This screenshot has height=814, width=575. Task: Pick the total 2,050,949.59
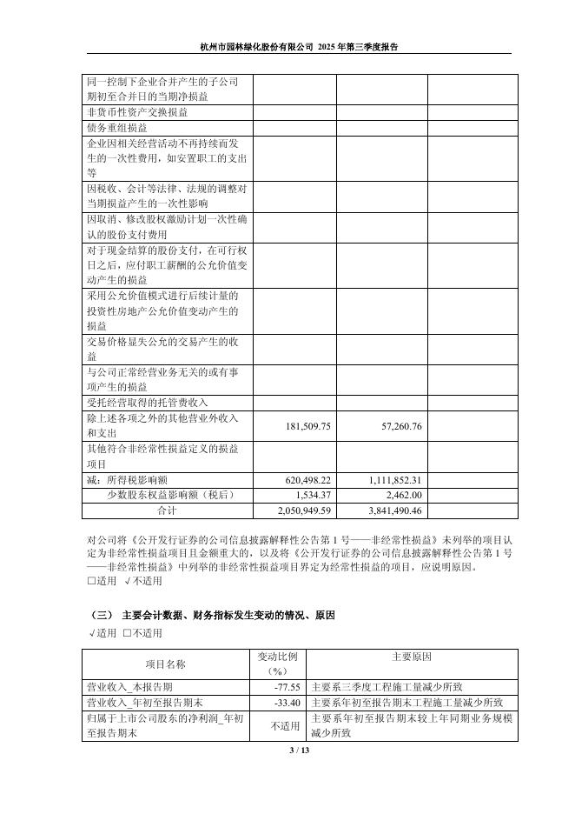(x=303, y=510)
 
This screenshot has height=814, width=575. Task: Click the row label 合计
(x=166, y=510)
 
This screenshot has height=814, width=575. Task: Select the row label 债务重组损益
(x=117, y=127)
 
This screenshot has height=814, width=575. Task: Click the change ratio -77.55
(x=287, y=687)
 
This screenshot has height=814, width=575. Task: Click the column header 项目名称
(x=166, y=664)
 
